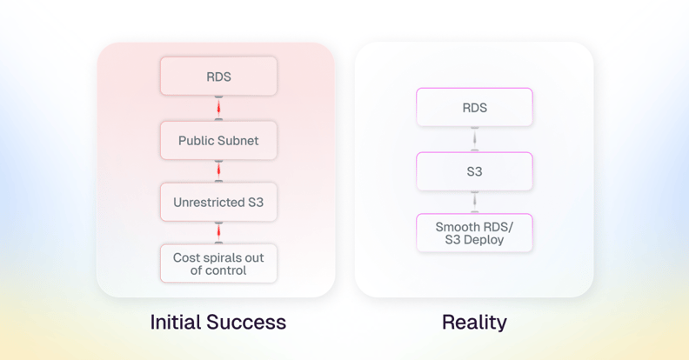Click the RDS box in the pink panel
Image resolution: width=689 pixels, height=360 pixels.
click(218, 76)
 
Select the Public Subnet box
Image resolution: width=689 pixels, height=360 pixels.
click(218, 141)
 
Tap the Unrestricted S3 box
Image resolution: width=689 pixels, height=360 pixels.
click(218, 202)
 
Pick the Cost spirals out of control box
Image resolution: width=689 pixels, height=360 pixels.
click(218, 263)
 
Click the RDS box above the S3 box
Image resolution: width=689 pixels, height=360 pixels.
click(475, 107)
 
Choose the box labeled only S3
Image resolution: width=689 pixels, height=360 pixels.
click(475, 171)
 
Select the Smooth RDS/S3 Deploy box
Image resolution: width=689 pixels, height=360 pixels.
click(475, 233)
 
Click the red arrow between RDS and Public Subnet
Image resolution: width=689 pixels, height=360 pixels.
click(218, 108)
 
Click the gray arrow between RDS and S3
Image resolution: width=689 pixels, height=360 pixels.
click(475, 139)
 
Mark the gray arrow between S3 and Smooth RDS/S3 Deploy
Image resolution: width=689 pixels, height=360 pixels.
click(475, 202)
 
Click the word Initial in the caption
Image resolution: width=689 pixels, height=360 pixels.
click(176, 322)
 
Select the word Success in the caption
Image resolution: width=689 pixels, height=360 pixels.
click(246, 322)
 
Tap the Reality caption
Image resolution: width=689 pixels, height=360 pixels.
click(475, 323)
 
